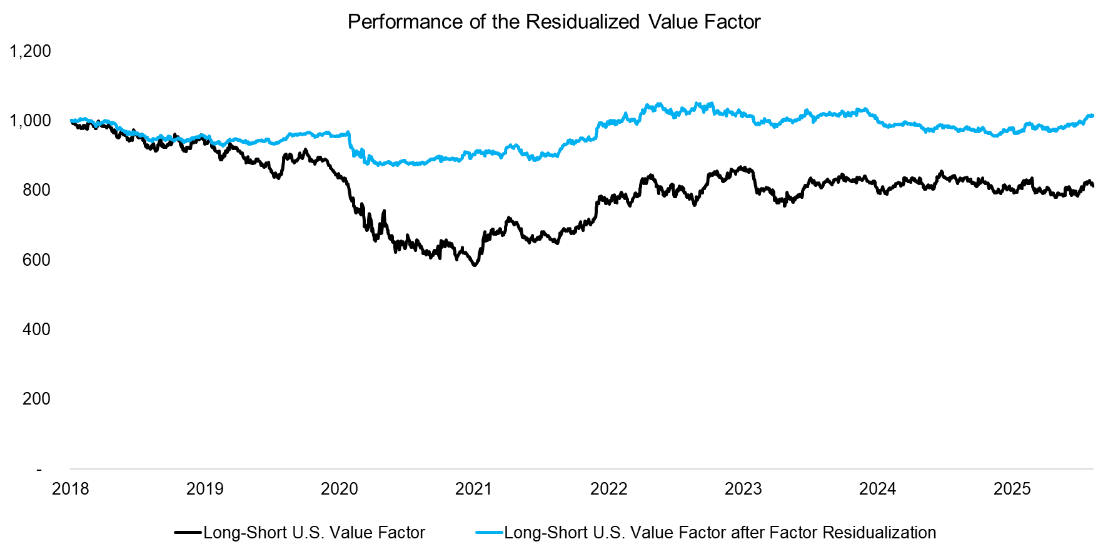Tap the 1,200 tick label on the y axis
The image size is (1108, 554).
click(x=30, y=51)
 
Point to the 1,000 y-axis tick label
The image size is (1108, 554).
click(x=30, y=121)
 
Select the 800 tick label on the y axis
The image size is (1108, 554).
click(x=36, y=190)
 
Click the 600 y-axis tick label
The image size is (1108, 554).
click(x=36, y=259)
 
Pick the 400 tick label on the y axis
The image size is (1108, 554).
click(x=36, y=330)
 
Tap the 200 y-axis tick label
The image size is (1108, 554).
click(x=36, y=399)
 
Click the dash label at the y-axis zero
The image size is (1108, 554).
click(x=39, y=469)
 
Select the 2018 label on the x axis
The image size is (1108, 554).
click(x=71, y=489)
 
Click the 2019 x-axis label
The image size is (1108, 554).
click(x=205, y=489)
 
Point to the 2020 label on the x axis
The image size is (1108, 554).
click(x=340, y=489)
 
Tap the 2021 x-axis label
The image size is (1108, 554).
click(x=474, y=489)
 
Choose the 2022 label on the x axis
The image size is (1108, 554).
click(x=608, y=489)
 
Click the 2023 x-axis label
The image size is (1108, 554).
click(x=743, y=489)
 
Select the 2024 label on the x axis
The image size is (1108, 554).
click(x=877, y=489)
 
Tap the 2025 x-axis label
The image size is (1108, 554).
click(x=1012, y=489)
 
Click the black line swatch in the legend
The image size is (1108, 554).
click(x=188, y=533)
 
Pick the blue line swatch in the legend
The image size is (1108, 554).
click(x=489, y=533)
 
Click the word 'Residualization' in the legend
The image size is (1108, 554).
click(x=879, y=533)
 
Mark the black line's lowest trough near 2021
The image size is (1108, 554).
click(x=475, y=266)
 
